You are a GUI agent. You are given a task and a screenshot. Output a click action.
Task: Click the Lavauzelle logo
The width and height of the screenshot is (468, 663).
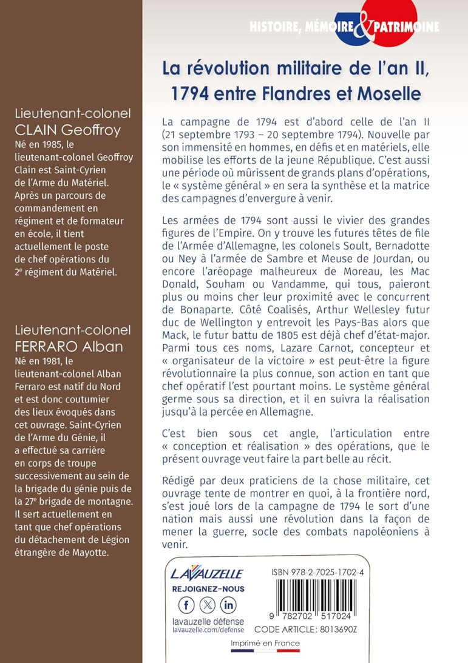tap(206, 573)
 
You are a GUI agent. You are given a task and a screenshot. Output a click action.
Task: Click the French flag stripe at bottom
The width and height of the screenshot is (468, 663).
tap(265, 651)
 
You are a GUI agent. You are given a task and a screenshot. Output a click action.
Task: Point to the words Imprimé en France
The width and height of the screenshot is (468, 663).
tap(265, 643)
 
